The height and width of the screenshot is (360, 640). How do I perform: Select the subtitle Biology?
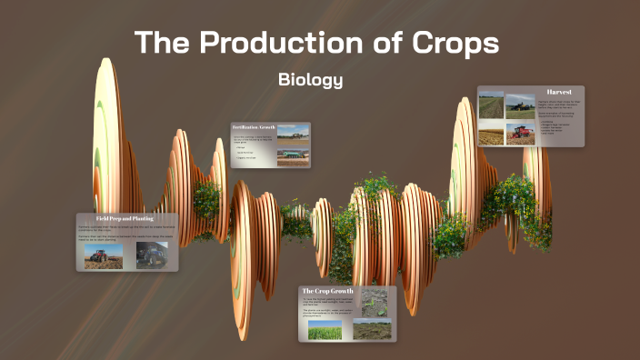310,80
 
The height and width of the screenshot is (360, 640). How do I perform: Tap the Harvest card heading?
559,93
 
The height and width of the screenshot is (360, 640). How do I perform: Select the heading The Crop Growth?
328,291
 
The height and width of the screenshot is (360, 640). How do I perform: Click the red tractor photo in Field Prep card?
104,255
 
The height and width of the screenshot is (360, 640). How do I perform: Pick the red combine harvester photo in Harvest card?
520,134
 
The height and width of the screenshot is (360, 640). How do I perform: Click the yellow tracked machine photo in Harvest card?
520,105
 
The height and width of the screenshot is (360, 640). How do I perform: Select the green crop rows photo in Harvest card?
491,106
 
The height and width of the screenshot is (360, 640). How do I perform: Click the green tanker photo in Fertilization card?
293,155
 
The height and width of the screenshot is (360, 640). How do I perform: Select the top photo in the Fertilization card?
293,132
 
